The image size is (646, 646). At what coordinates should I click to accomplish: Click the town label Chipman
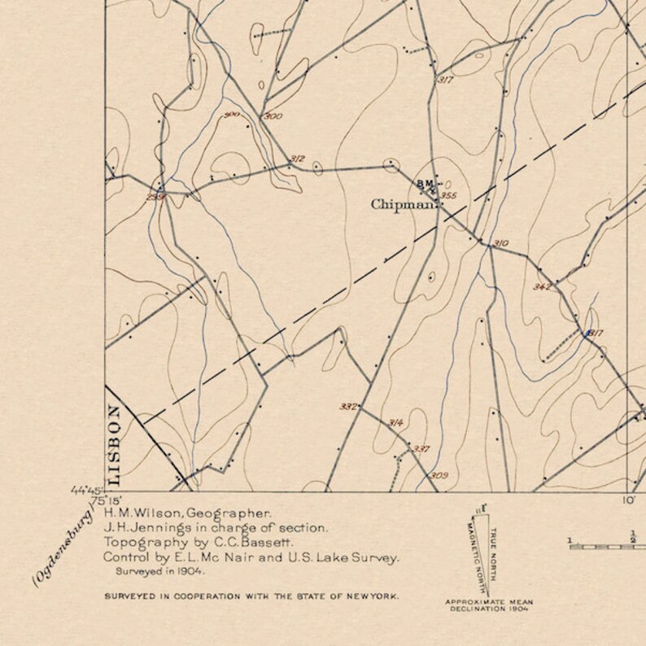coord(403,204)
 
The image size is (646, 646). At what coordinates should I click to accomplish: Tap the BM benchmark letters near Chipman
coord(426,184)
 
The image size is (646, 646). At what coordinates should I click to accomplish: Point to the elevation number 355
coord(448,195)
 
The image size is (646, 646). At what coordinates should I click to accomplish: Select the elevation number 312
coord(297,159)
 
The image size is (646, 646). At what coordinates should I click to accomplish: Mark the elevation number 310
coord(500,243)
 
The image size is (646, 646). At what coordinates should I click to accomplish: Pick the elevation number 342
coord(542,286)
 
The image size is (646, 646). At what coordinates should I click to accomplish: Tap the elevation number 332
coord(348,406)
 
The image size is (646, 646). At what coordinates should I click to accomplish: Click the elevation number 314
coord(396,422)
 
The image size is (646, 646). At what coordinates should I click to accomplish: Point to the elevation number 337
coord(421,448)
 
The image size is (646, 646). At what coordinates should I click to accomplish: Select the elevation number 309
coord(439,475)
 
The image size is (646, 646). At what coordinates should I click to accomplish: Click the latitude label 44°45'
coord(86,491)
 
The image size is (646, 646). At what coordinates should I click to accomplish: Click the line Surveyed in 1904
coord(155,573)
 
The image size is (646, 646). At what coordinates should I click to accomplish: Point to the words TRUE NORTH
coord(493,552)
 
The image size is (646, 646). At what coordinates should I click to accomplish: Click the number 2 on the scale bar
coord(632,536)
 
